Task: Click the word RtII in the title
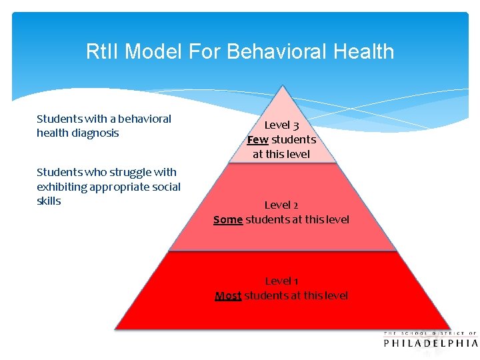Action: [103, 52]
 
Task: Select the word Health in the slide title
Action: [364, 52]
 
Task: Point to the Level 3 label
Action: [281, 125]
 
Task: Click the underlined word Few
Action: [257, 140]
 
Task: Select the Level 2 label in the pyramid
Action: [281, 205]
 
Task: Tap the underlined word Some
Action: [228, 219]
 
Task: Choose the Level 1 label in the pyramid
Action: [281, 281]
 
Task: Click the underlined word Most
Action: [228, 295]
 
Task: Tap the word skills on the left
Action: [49, 201]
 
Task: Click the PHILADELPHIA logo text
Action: [431, 343]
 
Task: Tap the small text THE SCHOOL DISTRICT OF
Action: [431, 333]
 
